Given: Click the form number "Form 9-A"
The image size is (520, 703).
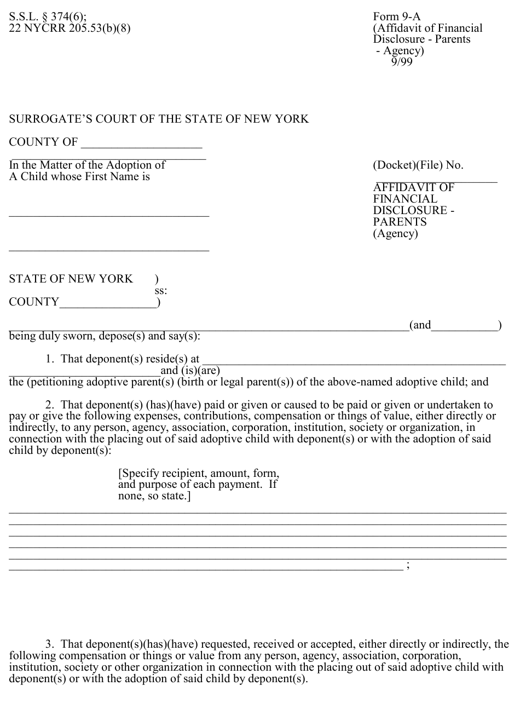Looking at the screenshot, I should tap(397, 16).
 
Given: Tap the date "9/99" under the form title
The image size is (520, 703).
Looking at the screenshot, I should tap(402, 62).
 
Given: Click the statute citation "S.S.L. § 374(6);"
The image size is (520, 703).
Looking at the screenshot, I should tap(48, 16).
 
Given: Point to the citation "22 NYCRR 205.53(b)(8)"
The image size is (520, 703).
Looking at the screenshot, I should tap(70, 28).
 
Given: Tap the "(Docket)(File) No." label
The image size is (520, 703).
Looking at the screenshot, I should tap(418, 165).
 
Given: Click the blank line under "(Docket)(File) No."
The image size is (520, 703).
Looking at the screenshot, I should tap(436, 181).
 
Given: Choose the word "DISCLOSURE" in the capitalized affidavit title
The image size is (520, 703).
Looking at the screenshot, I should tap(410, 211).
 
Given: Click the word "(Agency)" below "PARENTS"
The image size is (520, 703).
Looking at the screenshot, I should tap(395, 234).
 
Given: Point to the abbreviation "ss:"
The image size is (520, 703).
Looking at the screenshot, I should tap(161, 291).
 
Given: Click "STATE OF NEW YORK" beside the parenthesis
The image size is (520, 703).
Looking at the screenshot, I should tap(71, 279).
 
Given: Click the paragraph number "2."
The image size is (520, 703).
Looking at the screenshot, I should tap(50, 405).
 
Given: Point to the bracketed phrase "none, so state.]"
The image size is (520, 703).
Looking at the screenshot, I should tap(154, 497).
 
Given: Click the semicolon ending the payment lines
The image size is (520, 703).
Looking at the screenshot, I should tap(408, 566).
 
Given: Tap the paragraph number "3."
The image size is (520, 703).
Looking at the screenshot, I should tap(50, 644).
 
